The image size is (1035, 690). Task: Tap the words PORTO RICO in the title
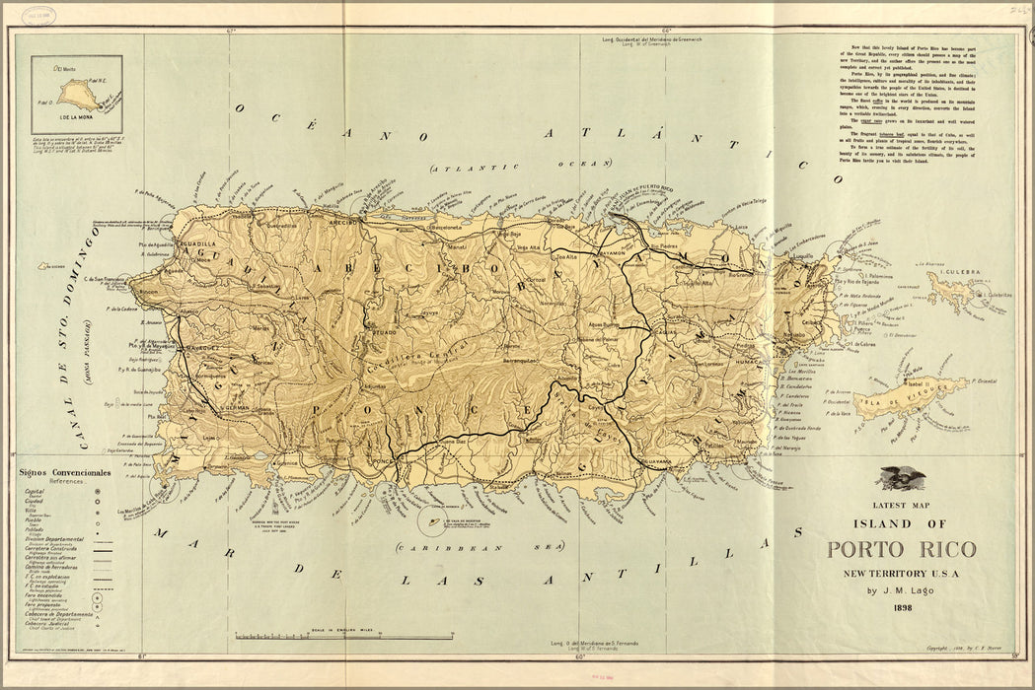[900, 550]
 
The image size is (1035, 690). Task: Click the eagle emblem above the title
[902, 479]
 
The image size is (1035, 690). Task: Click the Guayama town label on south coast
[657, 461]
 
